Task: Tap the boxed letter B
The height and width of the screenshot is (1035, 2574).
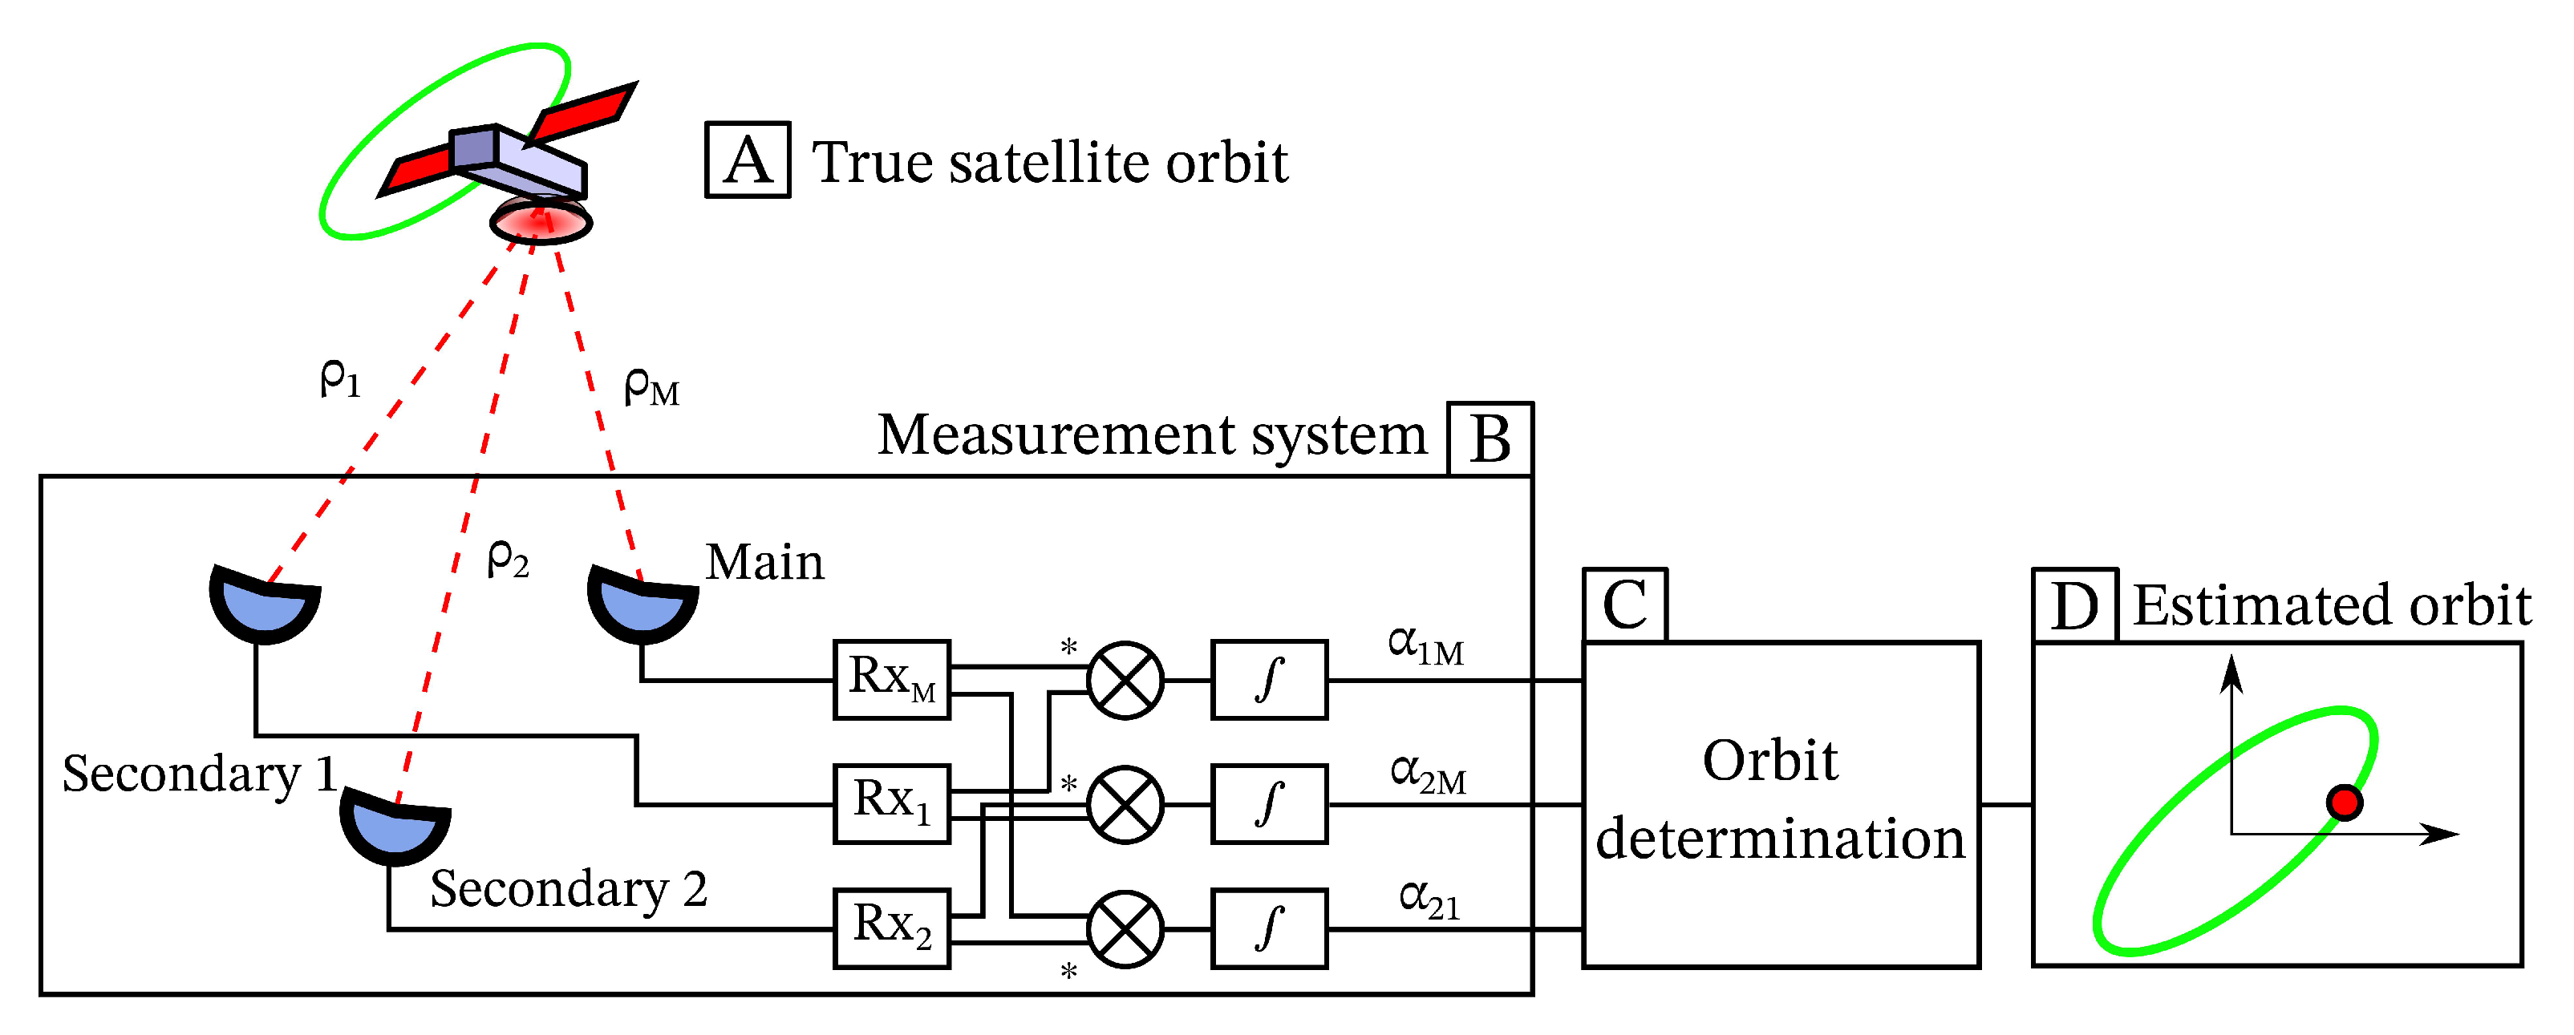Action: tap(1490, 439)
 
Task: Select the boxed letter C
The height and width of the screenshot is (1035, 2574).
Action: tap(1625, 605)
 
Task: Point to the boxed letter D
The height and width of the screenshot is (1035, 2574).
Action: tap(2074, 605)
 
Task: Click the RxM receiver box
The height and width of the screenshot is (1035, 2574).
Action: tap(891, 679)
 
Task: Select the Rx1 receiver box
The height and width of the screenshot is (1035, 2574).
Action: tap(891, 803)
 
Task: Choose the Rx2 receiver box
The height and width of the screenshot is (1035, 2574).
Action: tap(891, 928)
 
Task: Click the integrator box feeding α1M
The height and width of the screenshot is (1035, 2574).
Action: tap(1269, 679)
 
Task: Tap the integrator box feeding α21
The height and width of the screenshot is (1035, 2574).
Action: tap(1269, 928)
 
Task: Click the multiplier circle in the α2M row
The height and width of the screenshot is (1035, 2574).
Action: tap(1125, 804)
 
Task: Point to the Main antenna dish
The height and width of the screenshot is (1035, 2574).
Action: tap(642, 605)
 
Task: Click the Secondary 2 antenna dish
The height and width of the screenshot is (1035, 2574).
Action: tap(395, 827)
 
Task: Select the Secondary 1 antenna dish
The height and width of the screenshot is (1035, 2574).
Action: tap(264, 605)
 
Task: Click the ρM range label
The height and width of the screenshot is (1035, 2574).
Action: tap(651, 386)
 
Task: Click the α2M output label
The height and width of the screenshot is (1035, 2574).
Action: tap(1428, 774)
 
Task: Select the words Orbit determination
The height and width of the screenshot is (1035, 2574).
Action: tap(1778, 799)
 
